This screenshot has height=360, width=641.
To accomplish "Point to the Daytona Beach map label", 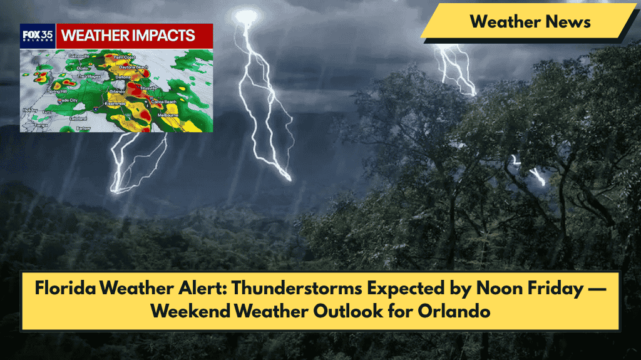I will tap(133, 67).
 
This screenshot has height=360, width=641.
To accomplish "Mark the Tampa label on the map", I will tap(41, 125).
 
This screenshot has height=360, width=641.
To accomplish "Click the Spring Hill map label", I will tap(56, 91).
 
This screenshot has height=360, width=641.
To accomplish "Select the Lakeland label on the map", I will tap(78, 118).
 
